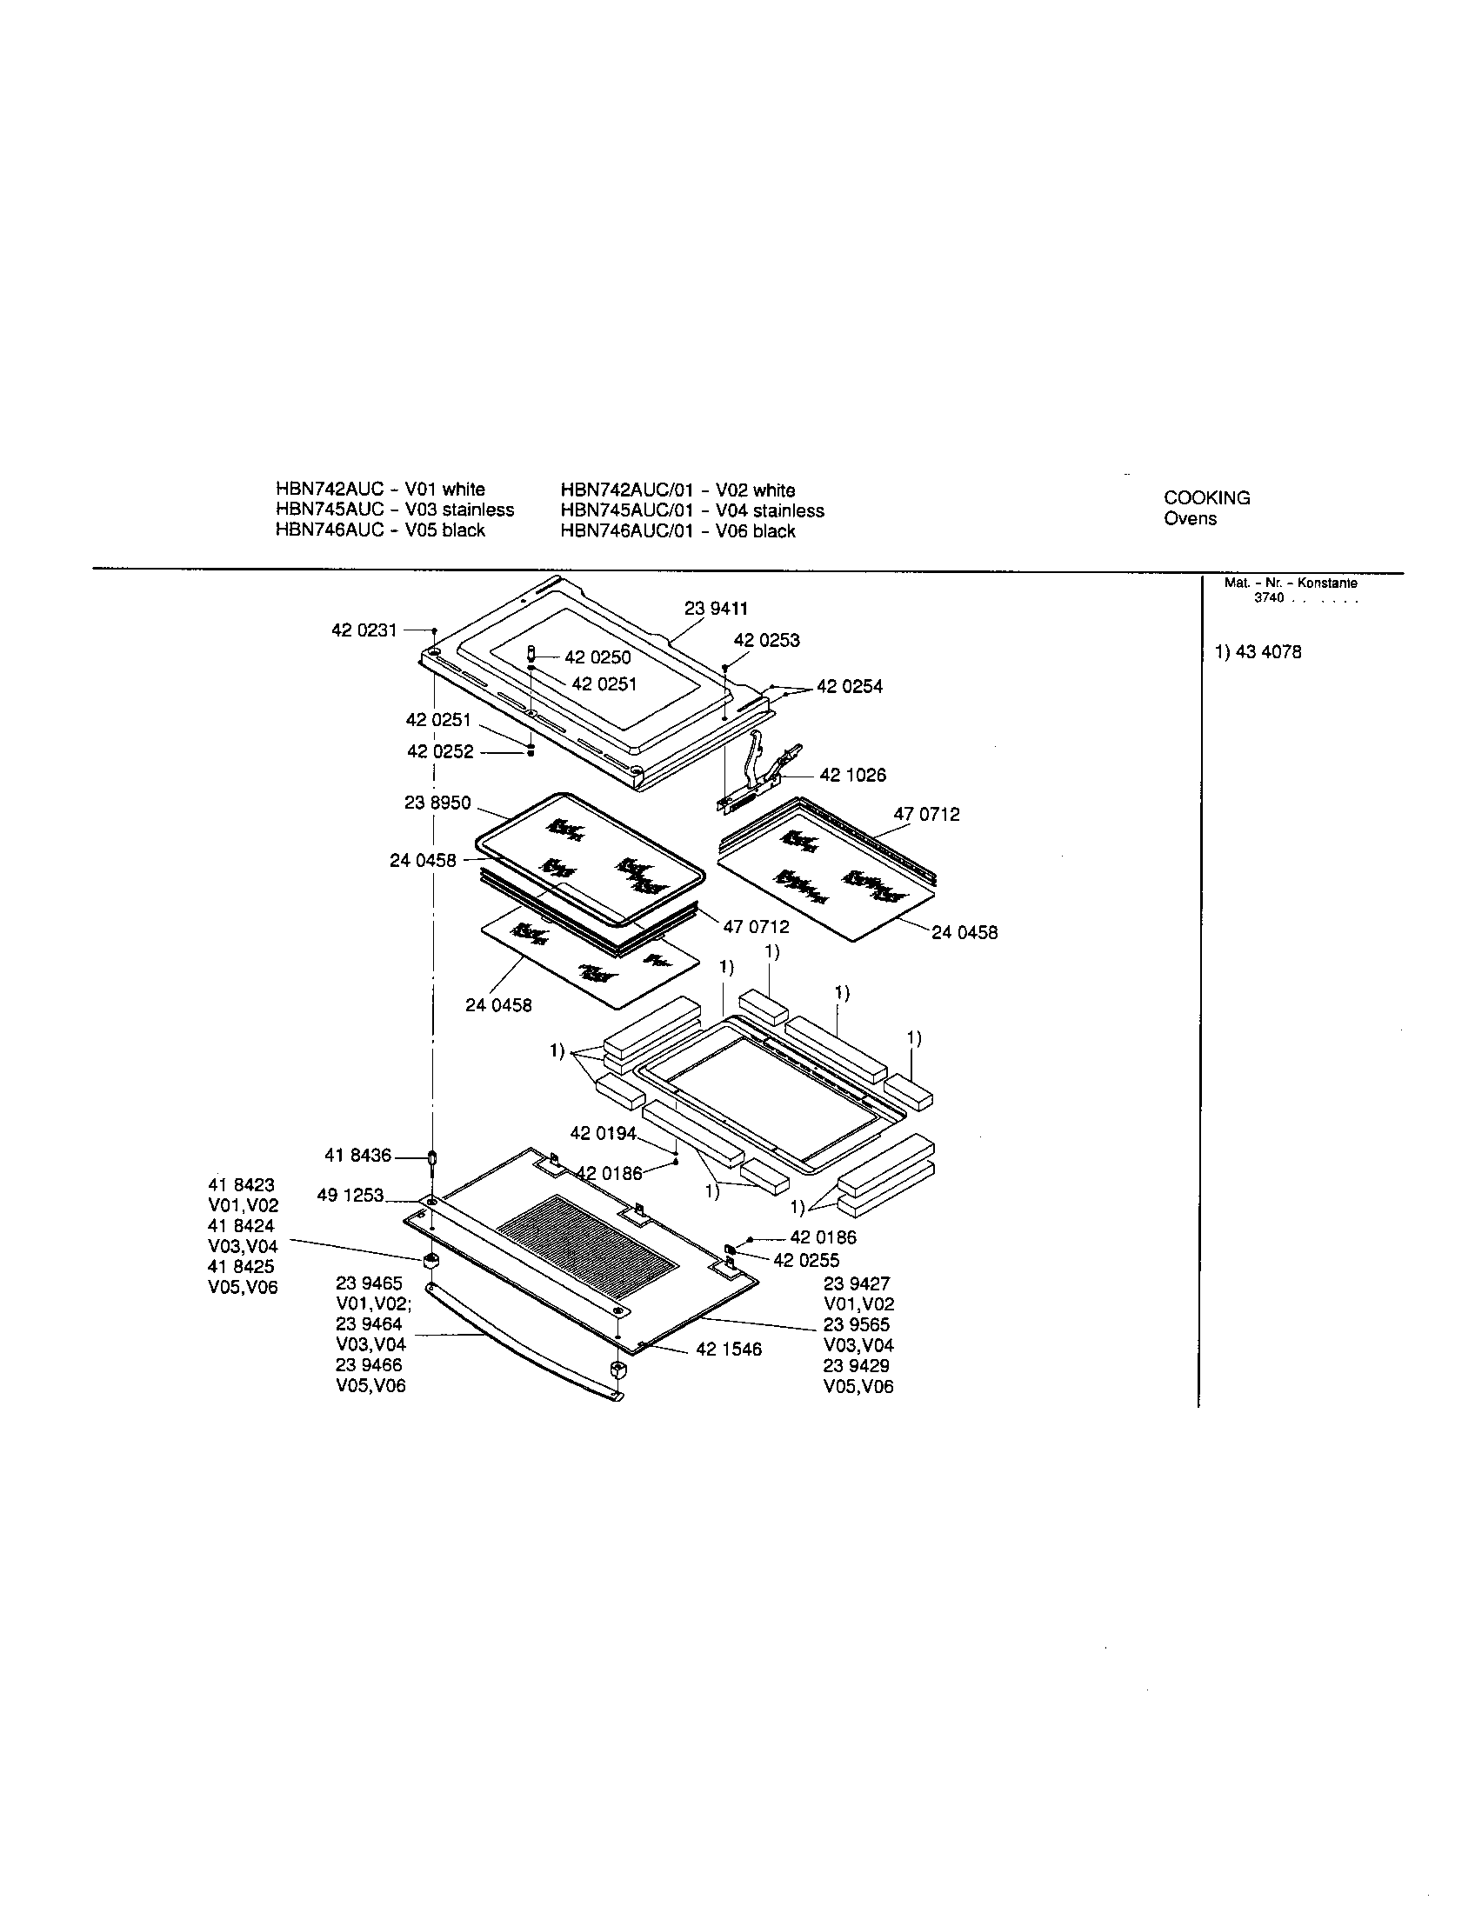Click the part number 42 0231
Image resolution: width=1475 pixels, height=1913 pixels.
tap(364, 630)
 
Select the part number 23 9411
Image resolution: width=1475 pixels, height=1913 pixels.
tap(716, 608)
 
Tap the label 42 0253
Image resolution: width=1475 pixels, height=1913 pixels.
tap(766, 640)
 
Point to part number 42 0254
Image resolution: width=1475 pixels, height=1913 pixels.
tap(850, 687)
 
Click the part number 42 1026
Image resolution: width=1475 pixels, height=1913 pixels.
tap(852, 775)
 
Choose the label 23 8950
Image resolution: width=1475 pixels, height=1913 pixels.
tap(437, 803)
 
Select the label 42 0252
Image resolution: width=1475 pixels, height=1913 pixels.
tap(440, 751)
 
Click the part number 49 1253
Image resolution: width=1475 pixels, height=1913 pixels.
tap(350, 1195)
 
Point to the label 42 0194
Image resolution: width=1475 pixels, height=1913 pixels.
tap(604, 1133)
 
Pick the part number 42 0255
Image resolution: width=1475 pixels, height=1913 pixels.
tap(806, 1260)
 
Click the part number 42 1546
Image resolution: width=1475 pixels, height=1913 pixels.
tap(729, 1350)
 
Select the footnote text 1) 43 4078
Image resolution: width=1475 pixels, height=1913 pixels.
tap(1258, 651)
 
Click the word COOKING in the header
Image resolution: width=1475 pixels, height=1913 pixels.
tap(1206, 497)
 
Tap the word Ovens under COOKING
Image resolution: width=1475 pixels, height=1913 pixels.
tap(1190, 517)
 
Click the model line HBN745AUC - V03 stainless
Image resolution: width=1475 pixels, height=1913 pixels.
tap(394, 510)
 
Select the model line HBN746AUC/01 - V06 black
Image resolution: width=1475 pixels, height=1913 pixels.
tap(677, 530)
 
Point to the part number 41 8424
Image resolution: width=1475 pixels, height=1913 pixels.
tap(241, 1225)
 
